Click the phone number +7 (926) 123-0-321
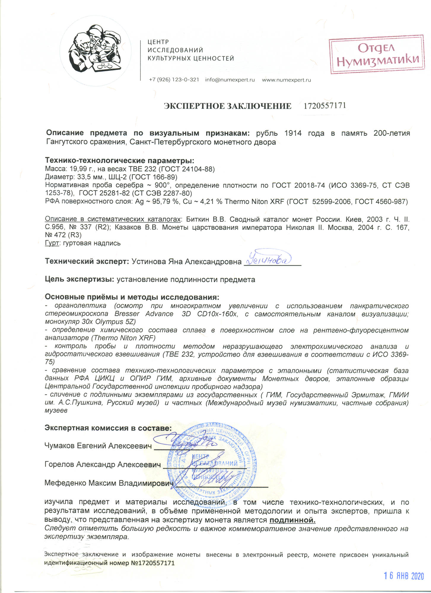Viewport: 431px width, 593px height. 174,80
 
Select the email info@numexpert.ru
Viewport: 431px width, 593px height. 230,80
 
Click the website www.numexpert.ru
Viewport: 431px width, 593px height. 286,80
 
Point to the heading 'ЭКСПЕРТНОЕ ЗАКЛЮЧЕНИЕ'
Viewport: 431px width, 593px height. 228,106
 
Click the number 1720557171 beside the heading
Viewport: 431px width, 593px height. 325,106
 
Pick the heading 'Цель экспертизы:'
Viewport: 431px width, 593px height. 79,279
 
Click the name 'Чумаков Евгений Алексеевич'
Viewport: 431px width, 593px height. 98,446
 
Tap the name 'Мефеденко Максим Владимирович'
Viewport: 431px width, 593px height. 109,483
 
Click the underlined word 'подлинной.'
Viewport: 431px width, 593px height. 292,520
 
